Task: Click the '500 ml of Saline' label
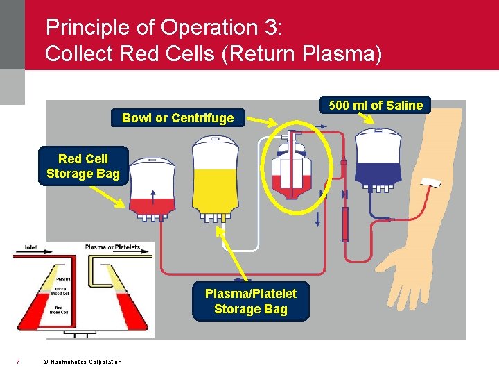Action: tap(375, 106)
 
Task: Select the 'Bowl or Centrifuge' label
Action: tap(177, 118)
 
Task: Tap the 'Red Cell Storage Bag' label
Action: tap(82, 166)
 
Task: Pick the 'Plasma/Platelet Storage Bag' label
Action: tap(250, 301)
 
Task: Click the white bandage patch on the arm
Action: tap(430, 183)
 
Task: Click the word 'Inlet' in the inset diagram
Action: tap(31, 247)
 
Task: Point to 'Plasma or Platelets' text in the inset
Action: tap(112, 247)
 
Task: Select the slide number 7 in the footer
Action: tap(17, 361)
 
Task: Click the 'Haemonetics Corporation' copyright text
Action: tap(82, 362)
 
